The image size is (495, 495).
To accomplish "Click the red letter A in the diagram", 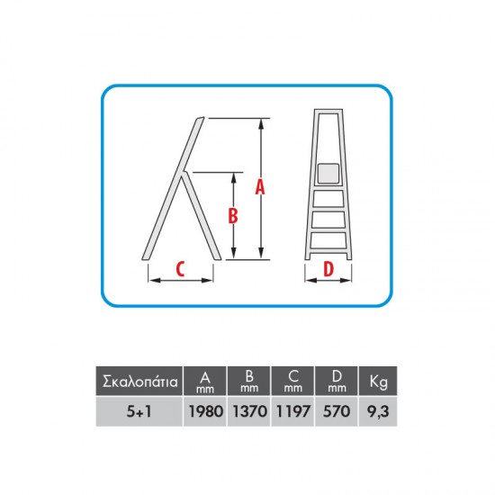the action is point(260,186).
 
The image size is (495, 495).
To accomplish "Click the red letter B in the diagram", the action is point(233,216).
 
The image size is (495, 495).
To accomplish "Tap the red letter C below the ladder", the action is point(180,269).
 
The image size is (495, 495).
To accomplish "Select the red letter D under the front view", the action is point(328,269).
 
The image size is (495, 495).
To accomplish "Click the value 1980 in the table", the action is point(206,411).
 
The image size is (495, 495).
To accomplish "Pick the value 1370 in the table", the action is point(249,411).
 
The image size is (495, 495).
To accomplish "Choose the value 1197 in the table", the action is point(293,411).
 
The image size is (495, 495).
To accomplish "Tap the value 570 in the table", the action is point(337,411).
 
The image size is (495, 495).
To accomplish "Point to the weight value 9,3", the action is point(378,411).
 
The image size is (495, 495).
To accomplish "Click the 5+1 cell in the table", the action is point(139,411).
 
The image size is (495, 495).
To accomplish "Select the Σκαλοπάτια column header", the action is point(140,382).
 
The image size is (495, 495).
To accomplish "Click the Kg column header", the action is point(379,382).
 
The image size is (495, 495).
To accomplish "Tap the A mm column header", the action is point(205,382).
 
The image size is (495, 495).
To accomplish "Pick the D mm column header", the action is point(337,381).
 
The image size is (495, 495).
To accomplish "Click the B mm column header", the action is point(249,381).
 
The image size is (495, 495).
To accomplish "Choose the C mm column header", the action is point(293,381).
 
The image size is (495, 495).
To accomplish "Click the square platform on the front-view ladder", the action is point(328,174).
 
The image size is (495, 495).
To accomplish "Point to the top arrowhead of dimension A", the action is point(261,124).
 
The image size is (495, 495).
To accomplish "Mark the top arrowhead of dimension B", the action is point(234,178).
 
